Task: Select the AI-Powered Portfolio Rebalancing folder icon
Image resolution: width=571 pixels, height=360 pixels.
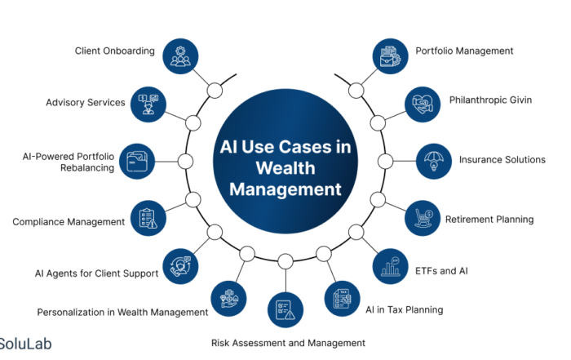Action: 138,160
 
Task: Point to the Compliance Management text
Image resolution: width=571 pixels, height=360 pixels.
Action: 69,221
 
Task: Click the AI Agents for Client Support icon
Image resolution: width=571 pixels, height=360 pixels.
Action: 180,265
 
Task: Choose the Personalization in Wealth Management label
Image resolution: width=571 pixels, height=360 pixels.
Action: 122,312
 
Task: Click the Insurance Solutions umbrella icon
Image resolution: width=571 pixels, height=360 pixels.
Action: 435,160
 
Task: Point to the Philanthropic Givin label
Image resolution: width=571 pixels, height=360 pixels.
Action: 490,100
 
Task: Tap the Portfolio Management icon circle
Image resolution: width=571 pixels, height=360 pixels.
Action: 391,56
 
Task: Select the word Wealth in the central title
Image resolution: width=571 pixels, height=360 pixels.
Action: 285,168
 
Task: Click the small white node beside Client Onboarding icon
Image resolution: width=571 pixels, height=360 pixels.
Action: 215,90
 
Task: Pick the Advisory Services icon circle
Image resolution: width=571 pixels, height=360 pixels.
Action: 148,103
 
